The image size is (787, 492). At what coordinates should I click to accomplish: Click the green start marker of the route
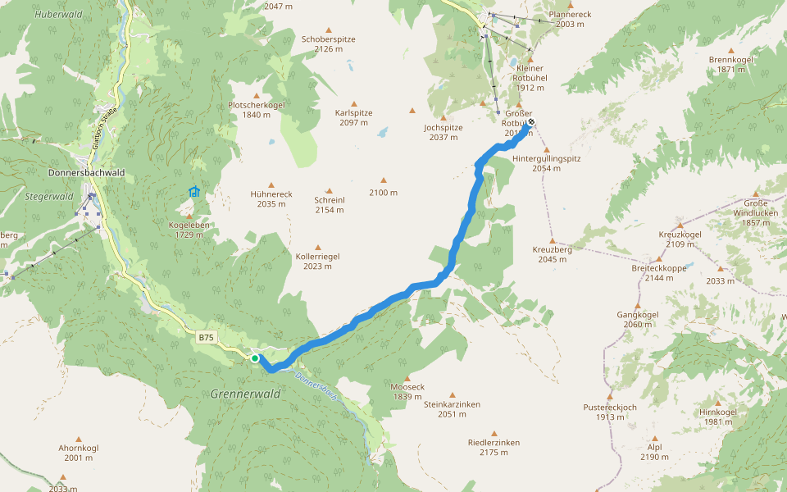pos(255,358)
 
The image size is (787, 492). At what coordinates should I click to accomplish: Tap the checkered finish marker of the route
pos(530,123)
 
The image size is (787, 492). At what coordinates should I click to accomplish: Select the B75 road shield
pos(206,336)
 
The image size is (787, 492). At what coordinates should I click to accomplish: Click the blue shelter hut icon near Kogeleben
pos(194,192)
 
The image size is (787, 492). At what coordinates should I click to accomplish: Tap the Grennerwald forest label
pos(245,394)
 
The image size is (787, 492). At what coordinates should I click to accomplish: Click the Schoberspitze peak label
pos(328,39)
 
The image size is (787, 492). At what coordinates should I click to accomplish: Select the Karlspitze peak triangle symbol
pos(354,104)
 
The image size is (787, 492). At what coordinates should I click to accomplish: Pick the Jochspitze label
pos(444,127)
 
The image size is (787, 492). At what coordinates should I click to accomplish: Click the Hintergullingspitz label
pos(546,157)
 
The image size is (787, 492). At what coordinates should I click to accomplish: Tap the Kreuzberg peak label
pos(552,248)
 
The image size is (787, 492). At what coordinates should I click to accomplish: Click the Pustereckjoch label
pos(610,406)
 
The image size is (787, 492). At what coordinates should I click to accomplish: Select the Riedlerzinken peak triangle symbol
pos(494,434)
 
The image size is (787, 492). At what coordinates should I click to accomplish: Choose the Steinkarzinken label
pos(452,404)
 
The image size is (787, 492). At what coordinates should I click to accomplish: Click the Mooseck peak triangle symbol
pos(407,378)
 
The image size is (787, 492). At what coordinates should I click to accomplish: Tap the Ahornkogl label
pos(79,448)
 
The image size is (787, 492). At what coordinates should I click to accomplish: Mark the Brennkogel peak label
pos(730,59)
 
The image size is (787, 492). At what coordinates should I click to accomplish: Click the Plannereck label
pos(570,14)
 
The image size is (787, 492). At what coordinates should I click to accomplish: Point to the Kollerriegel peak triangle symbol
pos(318,247)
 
